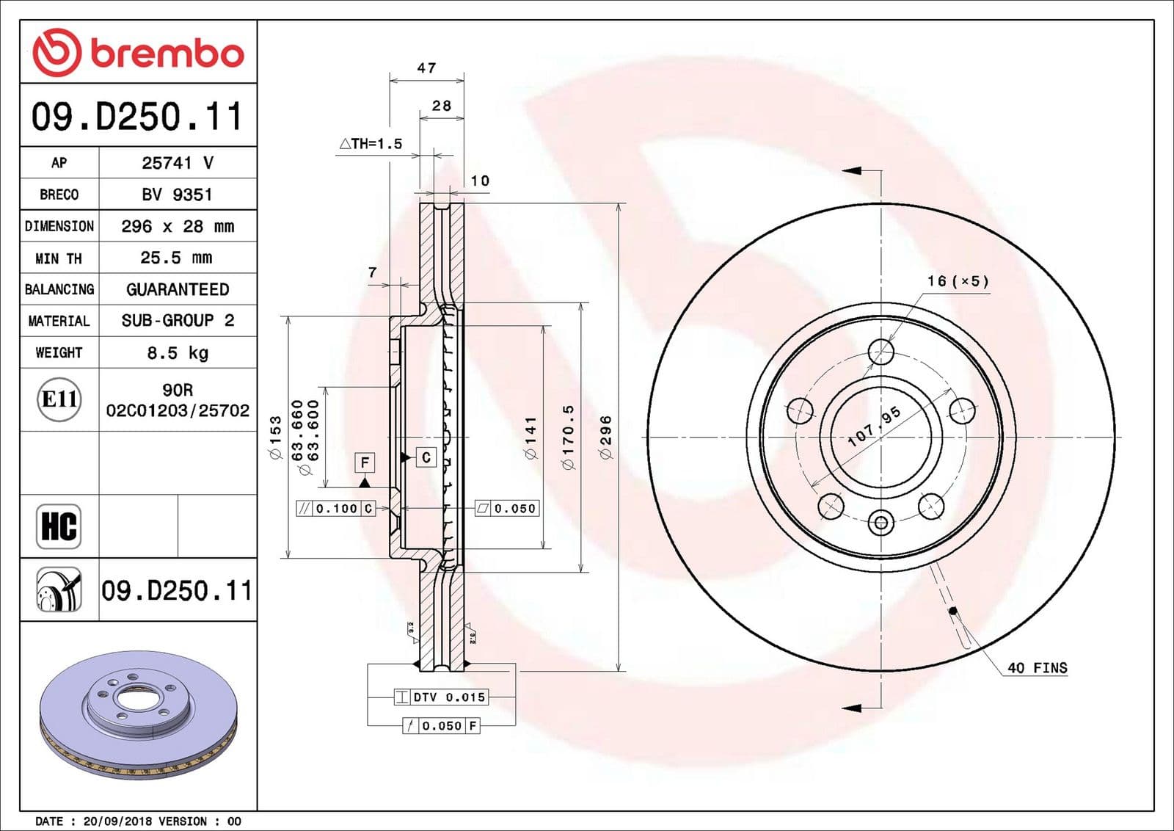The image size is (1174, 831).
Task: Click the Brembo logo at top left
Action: pyautogui.click(x=138, y=53)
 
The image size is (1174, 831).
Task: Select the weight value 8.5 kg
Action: pyautogui.click(x=178, y=353)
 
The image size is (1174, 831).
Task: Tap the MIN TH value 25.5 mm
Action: pyautogui.click(x=176, y=258)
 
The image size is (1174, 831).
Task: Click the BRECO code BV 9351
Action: pyautogui.click(x=177, y=195)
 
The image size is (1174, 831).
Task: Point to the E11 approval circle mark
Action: pyautogui.click(x=59, y=399)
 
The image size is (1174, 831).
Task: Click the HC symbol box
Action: pyautogui.click(x=59, y=526)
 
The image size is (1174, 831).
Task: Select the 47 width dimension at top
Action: pyautogui.click(x=426, y=68)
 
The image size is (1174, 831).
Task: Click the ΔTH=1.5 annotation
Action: pyautogui.click(x=371, y=144)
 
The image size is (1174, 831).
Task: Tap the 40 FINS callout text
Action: pyautogui.click(x=1037, y=668)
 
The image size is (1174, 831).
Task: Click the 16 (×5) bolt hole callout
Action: pyautogui.click(x=958, y=281)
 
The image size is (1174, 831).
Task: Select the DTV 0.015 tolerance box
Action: pyautogui.click(x=440, y=697)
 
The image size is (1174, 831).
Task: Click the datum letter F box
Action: pyautogui.click(x=365, y=462)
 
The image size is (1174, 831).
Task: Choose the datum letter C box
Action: pyautogui.click(x=426, y=457)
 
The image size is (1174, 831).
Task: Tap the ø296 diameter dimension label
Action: pyautogui.click(x=605, y=438)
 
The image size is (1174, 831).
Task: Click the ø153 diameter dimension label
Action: pyautogui.click(x=276, y=438)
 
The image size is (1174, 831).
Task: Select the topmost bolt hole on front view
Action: pyautogui.click(x=881, y=352)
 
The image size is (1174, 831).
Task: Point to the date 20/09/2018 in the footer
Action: pyautogui.click(x=110, y=821)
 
